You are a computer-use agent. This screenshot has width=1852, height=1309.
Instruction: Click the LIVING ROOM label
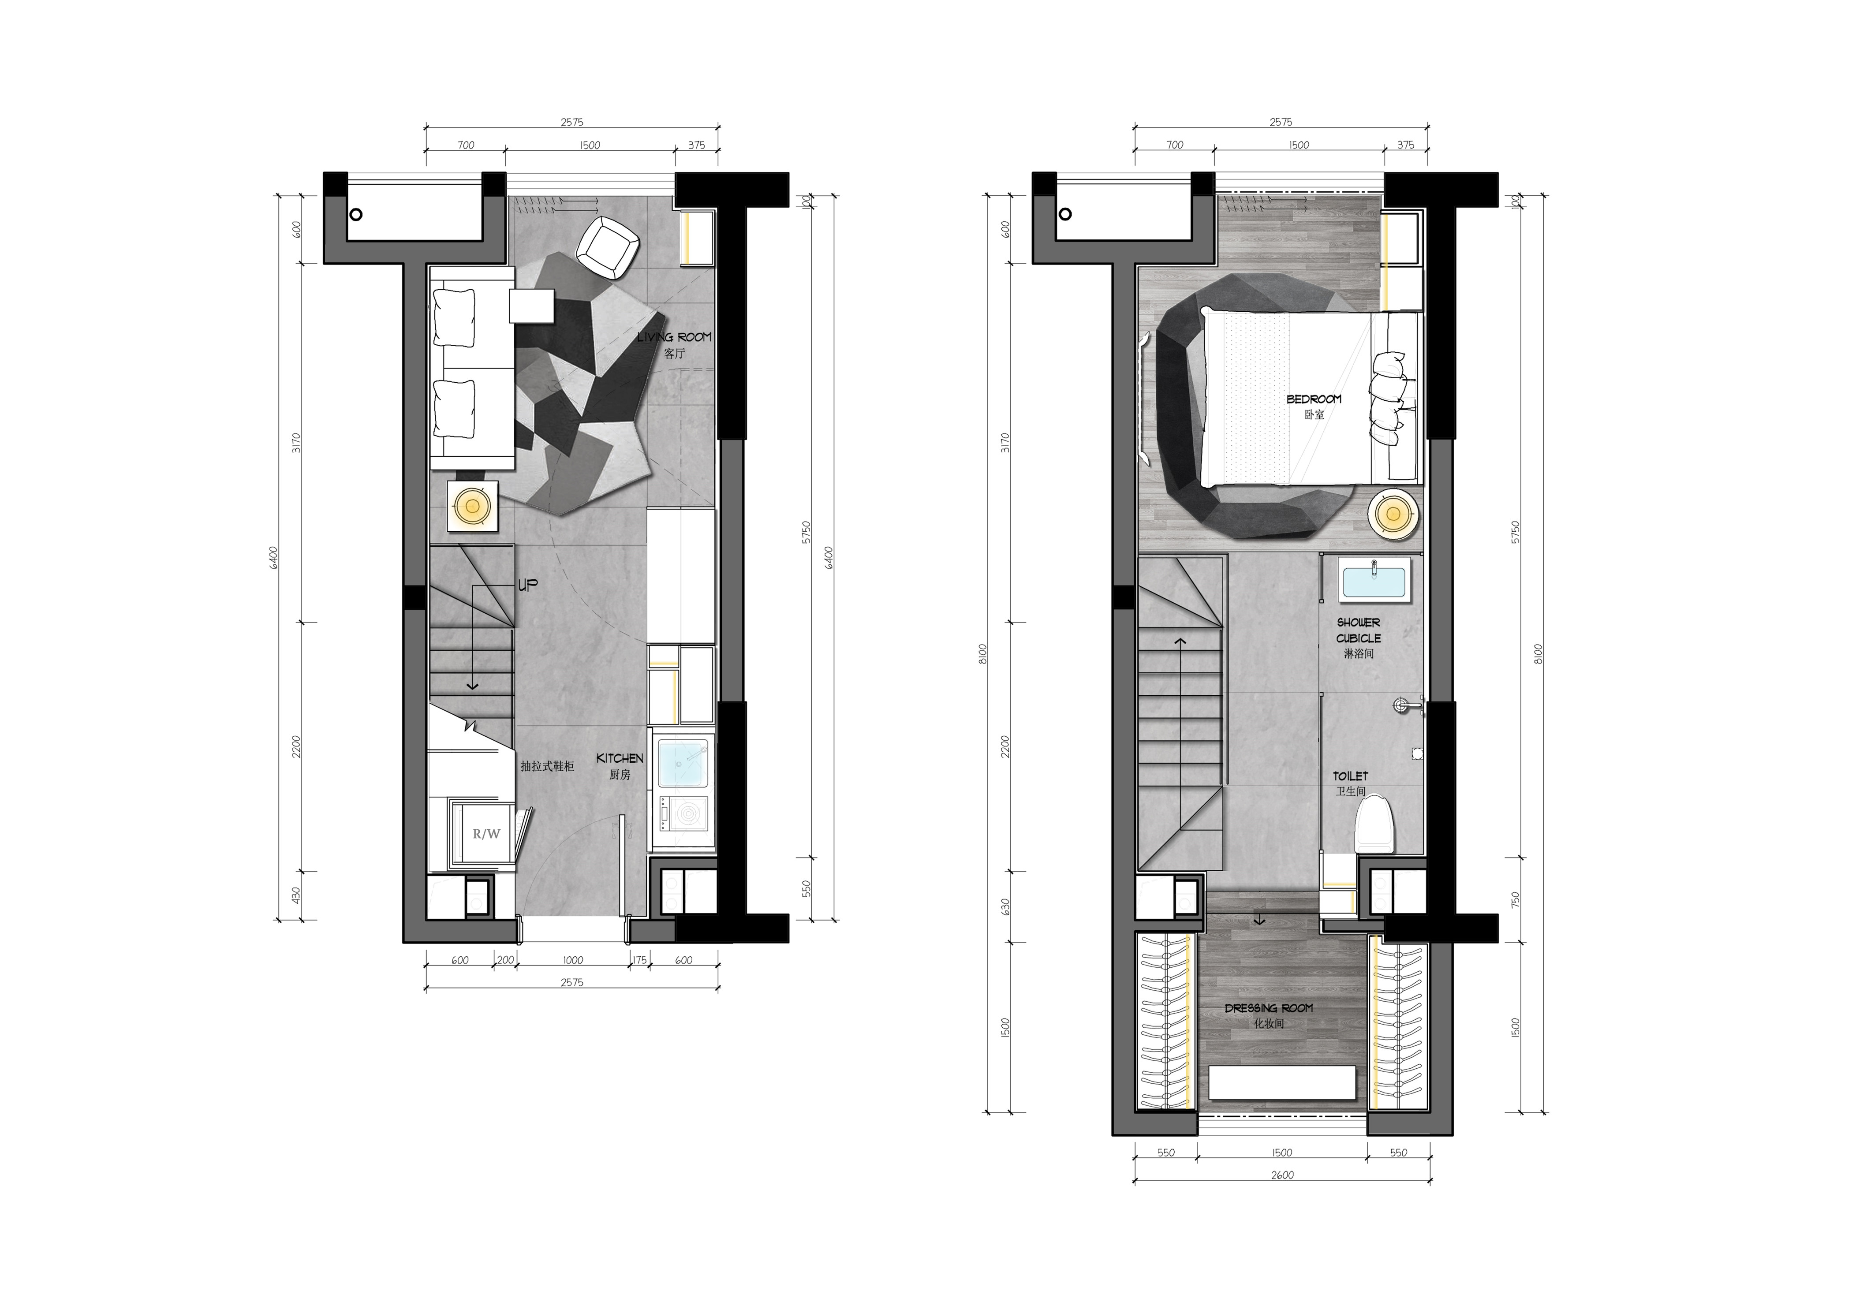674,337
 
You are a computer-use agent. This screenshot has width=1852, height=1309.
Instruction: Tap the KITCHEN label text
620,758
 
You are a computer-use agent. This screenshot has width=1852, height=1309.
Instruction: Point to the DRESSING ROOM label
1269,1008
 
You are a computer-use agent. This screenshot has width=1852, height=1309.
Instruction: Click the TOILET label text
1350,776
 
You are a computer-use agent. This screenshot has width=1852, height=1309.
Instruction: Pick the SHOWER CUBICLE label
1358,630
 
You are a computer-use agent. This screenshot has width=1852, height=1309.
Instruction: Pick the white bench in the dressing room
1283,1082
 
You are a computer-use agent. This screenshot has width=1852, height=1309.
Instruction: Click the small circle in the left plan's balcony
356,215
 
